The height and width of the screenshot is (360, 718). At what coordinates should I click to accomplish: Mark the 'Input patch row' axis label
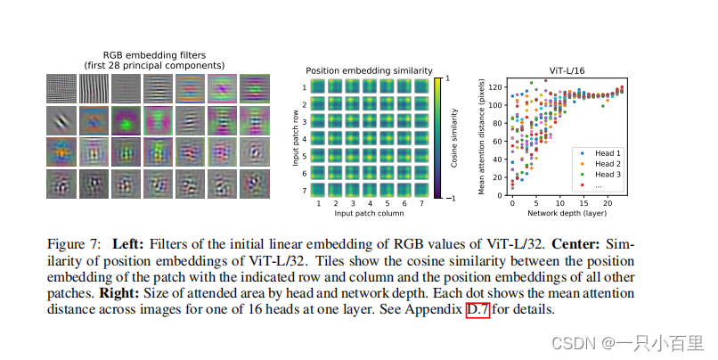coord(297,137)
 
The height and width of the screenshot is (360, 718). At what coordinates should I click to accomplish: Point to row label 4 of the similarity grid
coord(306,138)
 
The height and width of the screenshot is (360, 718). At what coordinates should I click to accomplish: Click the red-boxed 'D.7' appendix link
coord(477,310)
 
